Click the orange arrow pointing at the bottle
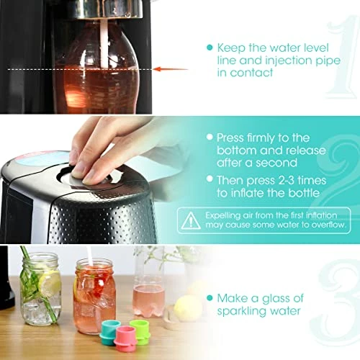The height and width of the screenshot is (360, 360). pyautogui.click(x=171, y=69)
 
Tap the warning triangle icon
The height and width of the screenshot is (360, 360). pyautogui.click(x=191, y=220)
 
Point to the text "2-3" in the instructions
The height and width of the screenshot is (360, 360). pyautogui.click(x=283, y=181)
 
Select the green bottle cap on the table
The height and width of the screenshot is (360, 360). pyautogui.click(x=140, y=332)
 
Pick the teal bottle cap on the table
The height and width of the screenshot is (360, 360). pyautogui.click(x=109, y=333)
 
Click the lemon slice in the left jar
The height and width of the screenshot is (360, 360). pyautogui.click(x=49, y=284)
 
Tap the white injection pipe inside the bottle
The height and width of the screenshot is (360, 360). pyautogui.click(x=104, y=43)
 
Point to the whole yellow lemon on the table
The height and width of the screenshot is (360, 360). pyautogui.click(x=188, y=308)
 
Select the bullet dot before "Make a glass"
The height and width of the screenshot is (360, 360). pyautogui.click(x=210, y=298)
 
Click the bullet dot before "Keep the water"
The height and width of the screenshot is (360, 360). pyautogui.click(x=210, y=48)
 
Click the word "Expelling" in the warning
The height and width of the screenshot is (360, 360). pyautogui.click(x=222, y=216)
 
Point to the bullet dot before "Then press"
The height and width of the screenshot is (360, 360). pyautogui.click(x=210, y=179)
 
